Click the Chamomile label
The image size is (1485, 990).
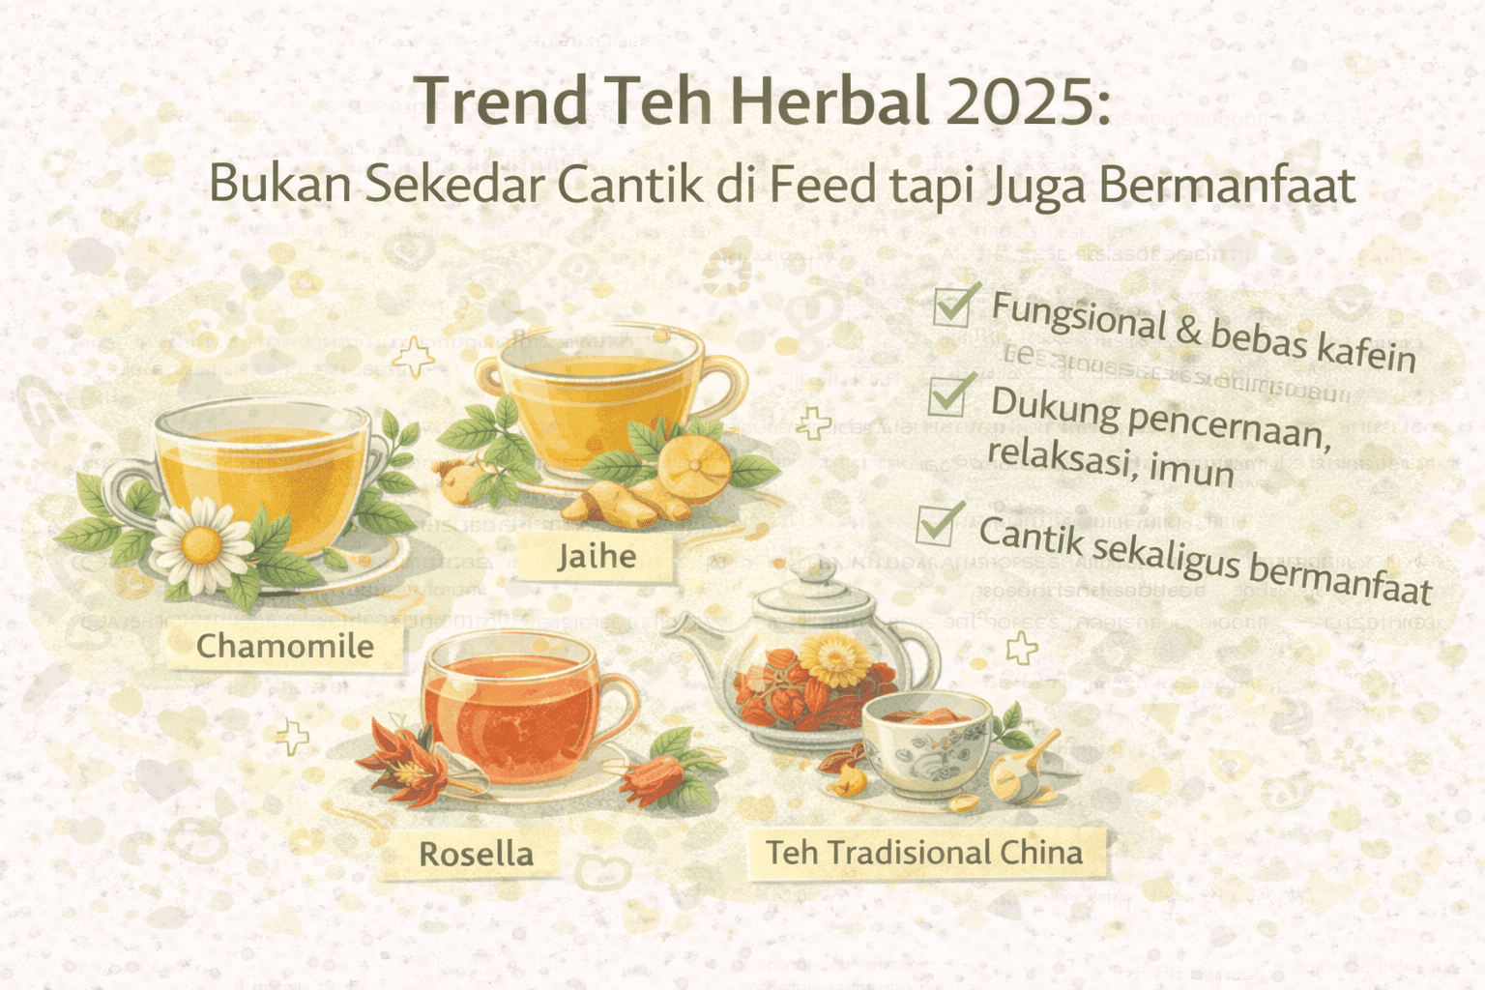pos(284,646)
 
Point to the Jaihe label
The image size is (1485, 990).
pos(596,557)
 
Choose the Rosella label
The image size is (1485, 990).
pos(476,854)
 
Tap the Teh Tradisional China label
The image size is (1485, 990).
pos(924,853)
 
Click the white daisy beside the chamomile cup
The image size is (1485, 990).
pos(201,546)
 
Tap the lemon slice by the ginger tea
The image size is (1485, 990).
pos(693,469)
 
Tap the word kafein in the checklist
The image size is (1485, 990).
pos(1365,350)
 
